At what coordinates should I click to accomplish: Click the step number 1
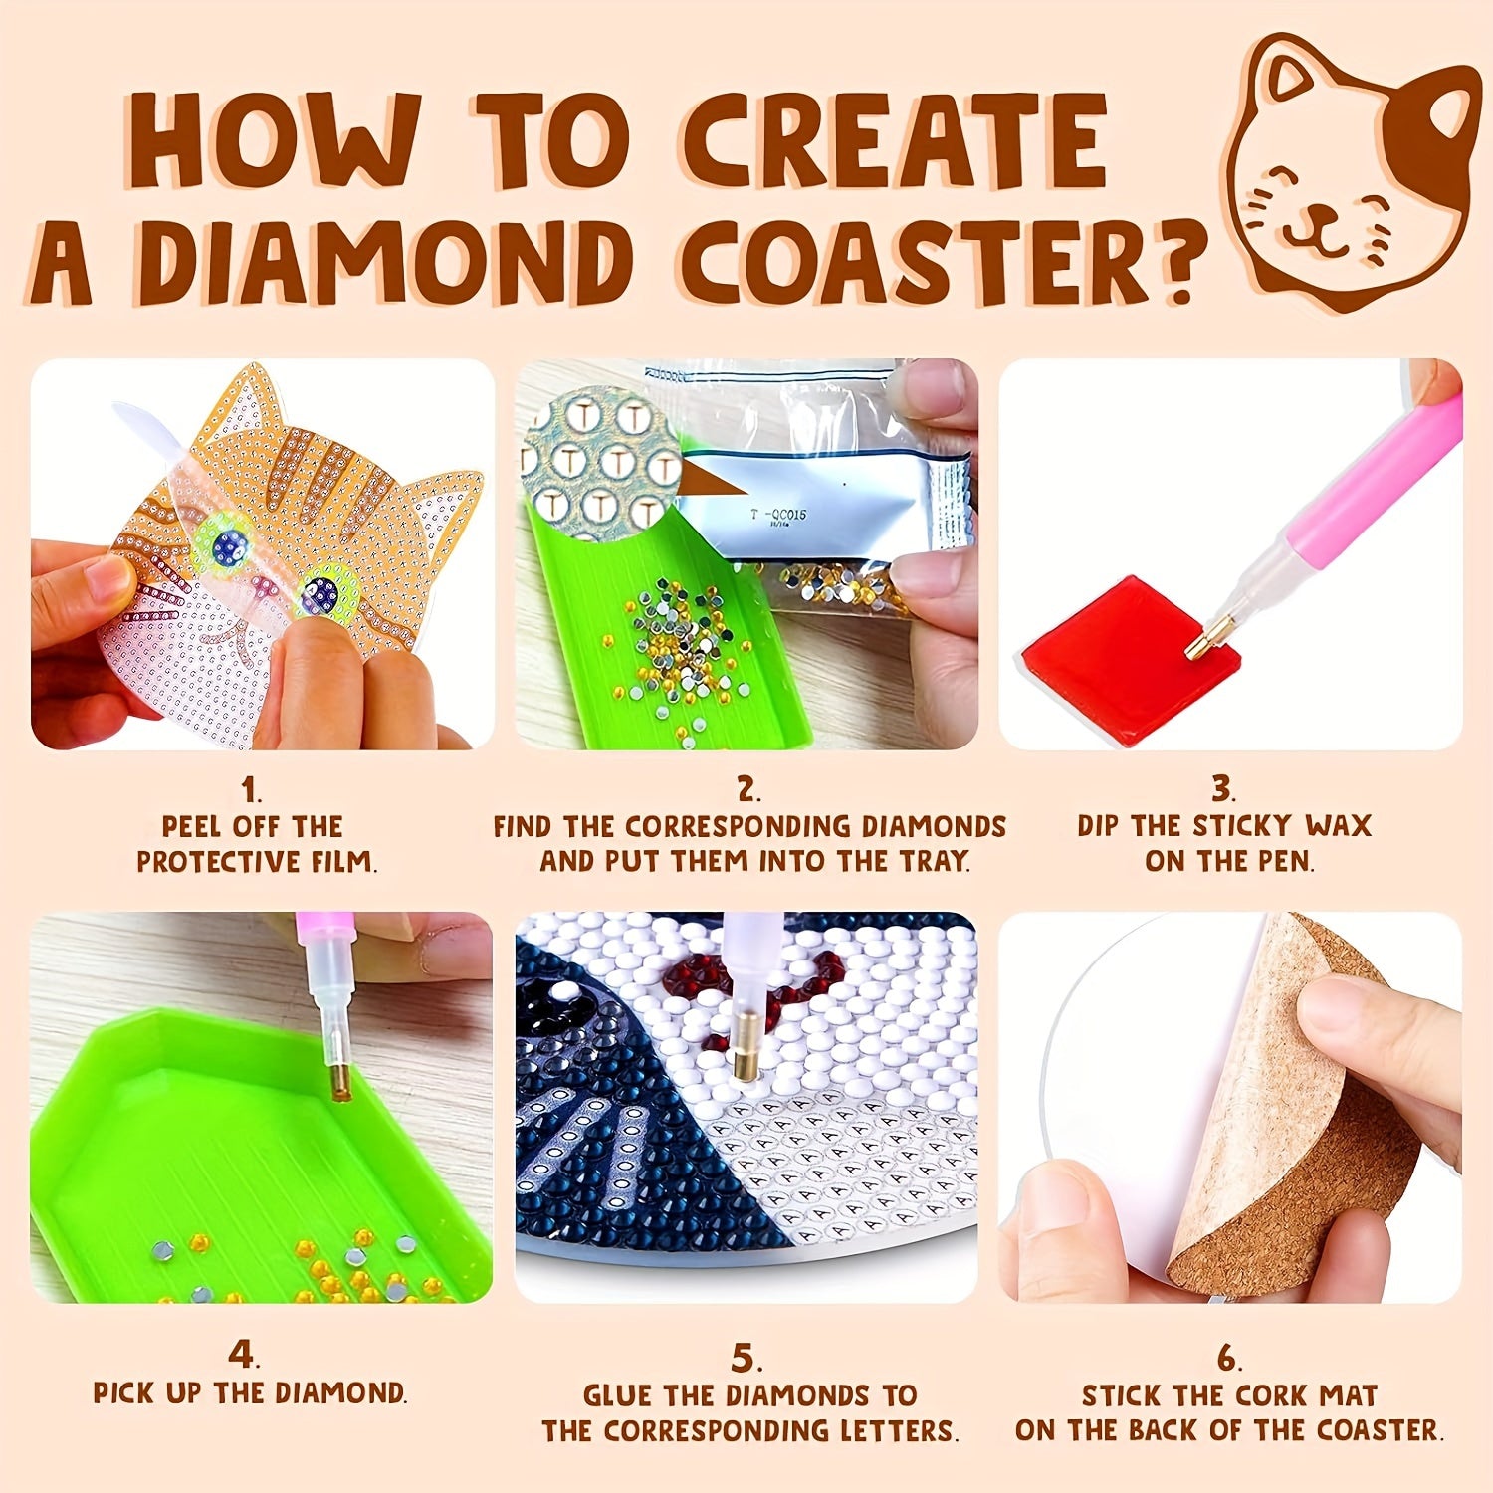[x=251, y=791]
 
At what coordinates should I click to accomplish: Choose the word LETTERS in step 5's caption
[x=895, y=1431]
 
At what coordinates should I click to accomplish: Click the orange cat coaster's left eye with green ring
[x=227, y=543]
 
